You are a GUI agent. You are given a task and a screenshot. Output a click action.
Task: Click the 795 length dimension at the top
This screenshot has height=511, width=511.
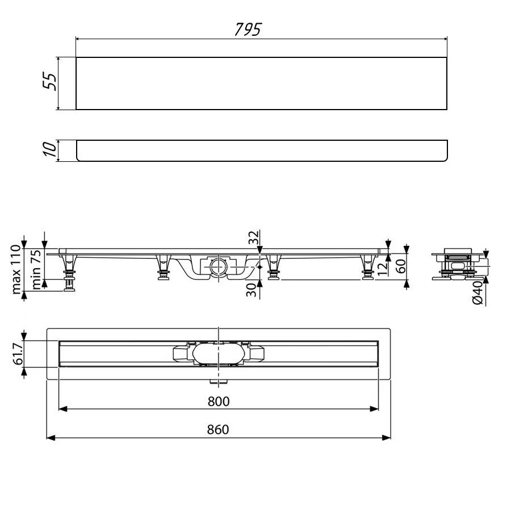point(248,30)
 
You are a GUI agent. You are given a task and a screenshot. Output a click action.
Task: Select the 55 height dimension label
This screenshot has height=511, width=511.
point(51,83)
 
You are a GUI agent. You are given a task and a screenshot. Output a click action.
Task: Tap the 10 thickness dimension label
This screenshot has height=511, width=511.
point(51,150)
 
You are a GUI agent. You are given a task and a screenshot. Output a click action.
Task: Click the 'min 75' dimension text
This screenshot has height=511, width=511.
point(35,269)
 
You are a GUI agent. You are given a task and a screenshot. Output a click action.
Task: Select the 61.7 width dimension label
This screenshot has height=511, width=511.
point(17,354)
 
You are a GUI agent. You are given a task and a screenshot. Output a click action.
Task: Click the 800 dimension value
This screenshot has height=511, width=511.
point(218,401)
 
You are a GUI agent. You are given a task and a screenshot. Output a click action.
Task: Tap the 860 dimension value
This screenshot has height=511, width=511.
point(218,430)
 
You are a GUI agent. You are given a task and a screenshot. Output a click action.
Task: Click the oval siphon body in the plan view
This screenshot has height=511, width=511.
point(218,353)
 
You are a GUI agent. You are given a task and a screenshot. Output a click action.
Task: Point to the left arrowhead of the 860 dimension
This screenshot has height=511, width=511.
point(49,438)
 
